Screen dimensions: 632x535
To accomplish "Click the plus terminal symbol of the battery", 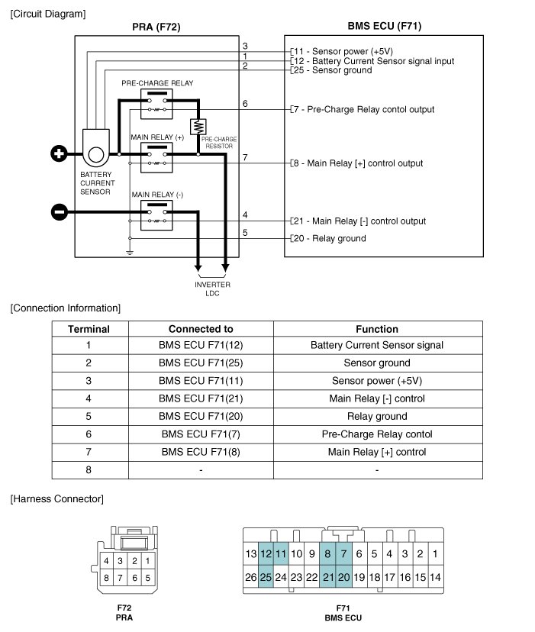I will coord(59,154).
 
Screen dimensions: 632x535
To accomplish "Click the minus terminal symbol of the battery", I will coord(59,211).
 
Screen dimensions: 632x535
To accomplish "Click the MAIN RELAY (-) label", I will coord(156,195).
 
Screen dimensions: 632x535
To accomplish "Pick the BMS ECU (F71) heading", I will coord(384,26).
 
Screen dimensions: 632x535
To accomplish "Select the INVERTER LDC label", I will coord(212,289).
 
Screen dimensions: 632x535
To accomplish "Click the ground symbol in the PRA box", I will coord(130,251).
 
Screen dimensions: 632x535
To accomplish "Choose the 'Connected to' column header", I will coord(201,329).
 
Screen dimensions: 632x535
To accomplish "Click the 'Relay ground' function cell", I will coord(377,417).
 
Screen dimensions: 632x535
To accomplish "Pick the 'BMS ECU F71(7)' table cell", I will coord(201,434).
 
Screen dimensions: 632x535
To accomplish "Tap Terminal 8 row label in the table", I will coord(89,469).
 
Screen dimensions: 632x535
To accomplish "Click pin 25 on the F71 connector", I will coord(266,578).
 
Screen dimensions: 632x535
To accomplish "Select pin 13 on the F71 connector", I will coord(251,553).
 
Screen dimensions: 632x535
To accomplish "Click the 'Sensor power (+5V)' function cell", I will coord(377,381).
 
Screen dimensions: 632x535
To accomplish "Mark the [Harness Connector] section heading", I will coord(57,499).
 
